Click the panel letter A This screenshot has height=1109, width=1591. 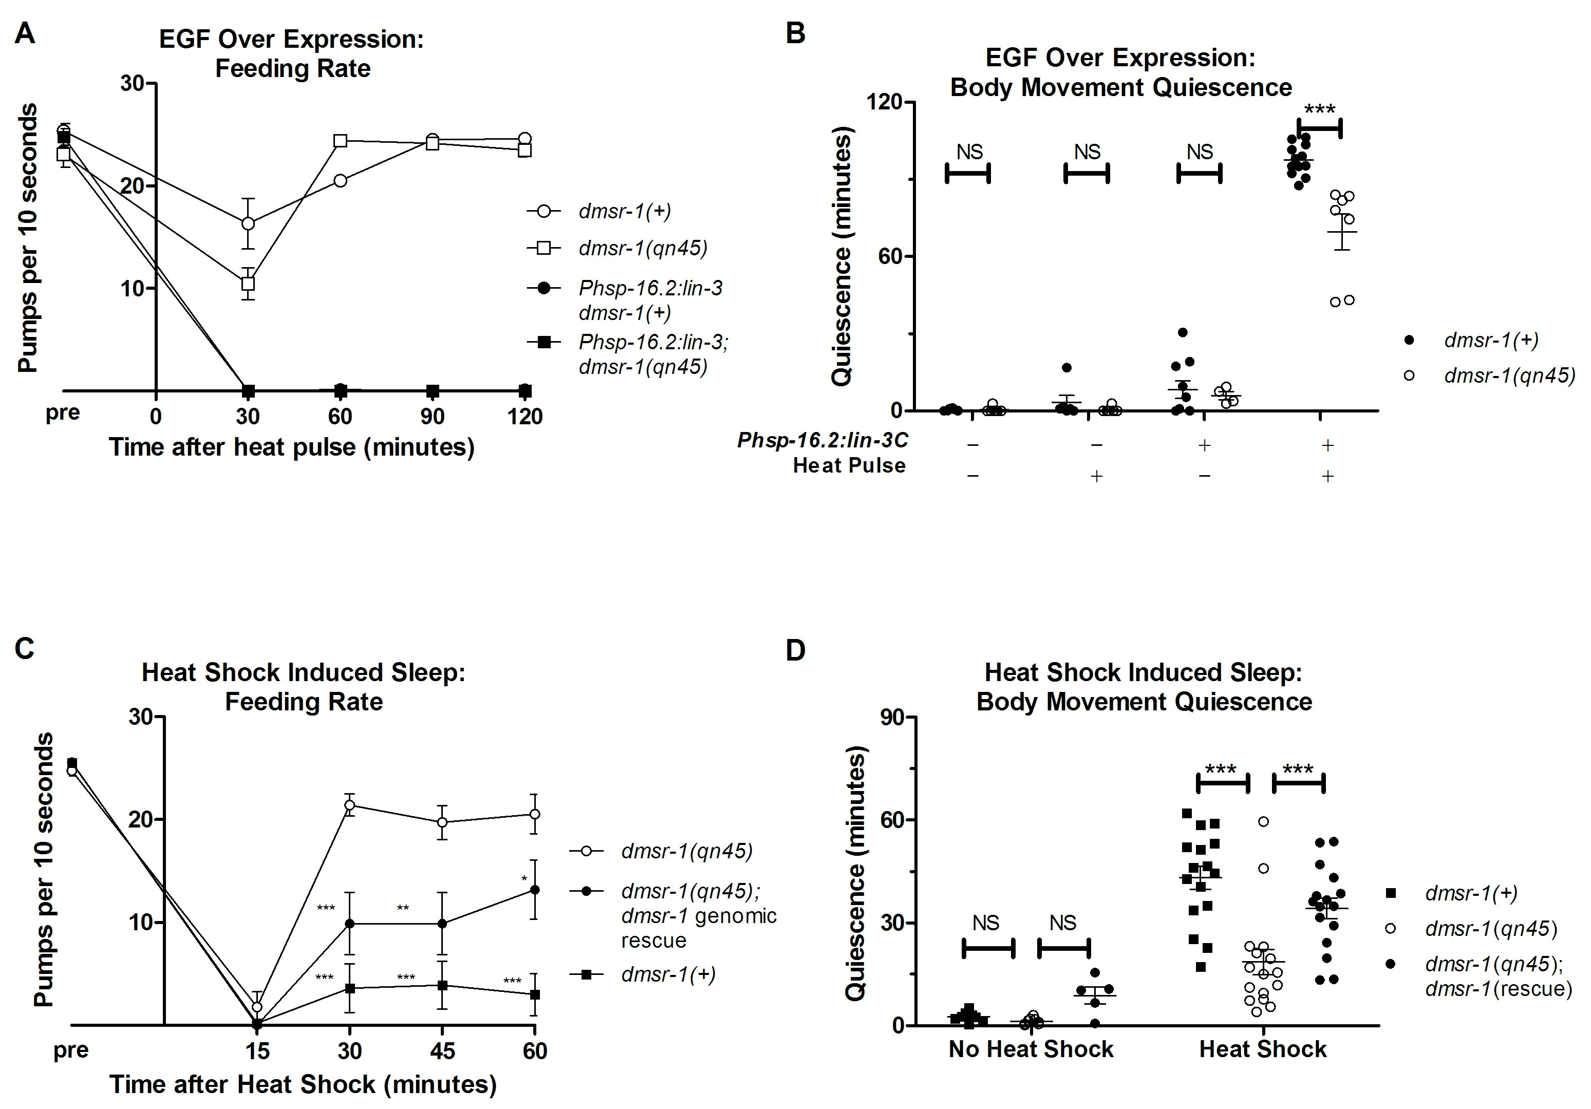click(25, 32)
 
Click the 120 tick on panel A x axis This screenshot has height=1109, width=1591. click(525, 416)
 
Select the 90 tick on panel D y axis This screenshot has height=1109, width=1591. click(892, 717)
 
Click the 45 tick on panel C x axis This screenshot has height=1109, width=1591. click(442, 1051)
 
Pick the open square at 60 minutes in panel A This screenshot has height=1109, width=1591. click(340, 141)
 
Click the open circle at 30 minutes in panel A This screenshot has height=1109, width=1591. click(248, 223)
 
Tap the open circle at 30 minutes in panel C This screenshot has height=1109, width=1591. click(350, 805)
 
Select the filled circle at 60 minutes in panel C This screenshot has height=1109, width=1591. click(534, 890)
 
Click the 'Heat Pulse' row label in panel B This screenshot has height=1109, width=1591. click(849, 465)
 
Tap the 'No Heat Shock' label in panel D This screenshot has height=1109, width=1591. click(1031, 1049)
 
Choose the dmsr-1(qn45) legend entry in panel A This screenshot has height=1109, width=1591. click(642, 248)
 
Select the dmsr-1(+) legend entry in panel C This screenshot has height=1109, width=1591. click(668, 974)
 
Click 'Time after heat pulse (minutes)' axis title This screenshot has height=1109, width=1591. click(292, 447)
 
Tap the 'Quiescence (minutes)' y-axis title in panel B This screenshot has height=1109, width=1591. click(841, 256)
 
